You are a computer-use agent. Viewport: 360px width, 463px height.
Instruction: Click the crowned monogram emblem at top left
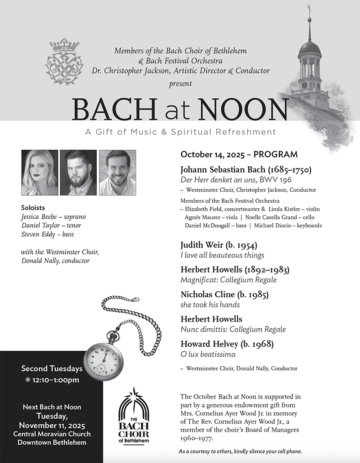64,62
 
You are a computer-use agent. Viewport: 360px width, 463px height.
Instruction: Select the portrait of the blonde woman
40,173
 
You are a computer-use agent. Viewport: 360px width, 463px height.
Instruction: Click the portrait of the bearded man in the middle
78,173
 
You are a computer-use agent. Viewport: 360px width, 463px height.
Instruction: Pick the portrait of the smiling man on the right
117,173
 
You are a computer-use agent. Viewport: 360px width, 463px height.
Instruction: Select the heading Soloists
33,208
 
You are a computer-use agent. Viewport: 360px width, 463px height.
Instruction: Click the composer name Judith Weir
203,245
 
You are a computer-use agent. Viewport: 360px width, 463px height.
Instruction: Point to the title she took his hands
210,305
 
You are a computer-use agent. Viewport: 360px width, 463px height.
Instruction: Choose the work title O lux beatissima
208,354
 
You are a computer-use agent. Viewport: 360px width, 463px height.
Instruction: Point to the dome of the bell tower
309,48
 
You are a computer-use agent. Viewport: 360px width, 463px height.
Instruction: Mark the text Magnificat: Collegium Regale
228,280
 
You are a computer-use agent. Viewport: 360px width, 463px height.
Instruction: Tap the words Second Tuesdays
52,368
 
